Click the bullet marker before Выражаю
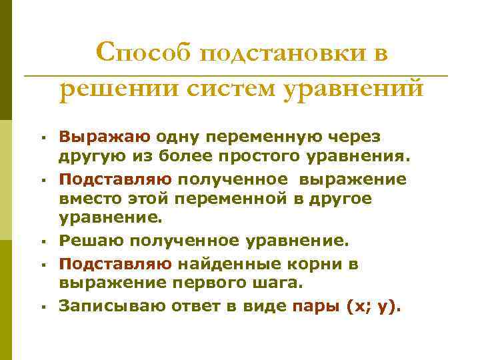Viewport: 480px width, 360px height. (x=41, y=139)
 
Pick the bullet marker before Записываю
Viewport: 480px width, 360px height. (x=41, y=306)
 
